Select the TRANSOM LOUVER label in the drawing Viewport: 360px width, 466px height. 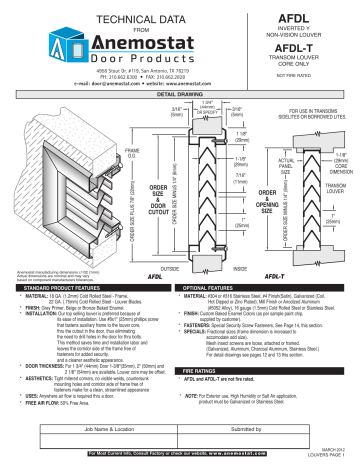(336, 188)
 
